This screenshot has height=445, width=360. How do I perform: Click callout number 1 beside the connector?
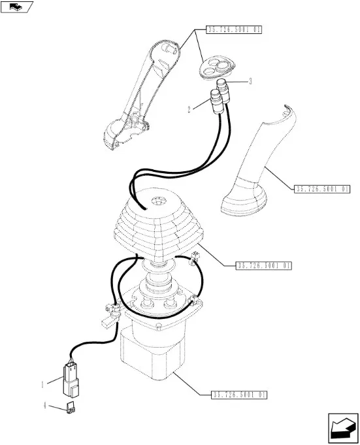click(x=43, y=384)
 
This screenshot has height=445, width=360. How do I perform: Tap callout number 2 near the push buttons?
click(x=189, y=109)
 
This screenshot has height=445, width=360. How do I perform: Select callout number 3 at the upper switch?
click(x=250, y=82)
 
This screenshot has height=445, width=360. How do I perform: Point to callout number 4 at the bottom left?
click(x=45, y=405)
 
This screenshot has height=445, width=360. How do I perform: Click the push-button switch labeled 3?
click(x=223, y=91)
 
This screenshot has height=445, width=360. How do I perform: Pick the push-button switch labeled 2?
click(x=216, y=101)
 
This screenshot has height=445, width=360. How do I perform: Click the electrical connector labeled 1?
click(x=71, y=379)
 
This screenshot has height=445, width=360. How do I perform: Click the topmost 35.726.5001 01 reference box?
click(x=234, y=29)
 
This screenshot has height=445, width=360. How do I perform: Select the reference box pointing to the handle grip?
click(x=322, y=189)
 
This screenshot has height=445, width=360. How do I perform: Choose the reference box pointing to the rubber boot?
click(x=263, y=266)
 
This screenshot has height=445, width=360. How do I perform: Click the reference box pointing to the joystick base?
click(x=239, y=395)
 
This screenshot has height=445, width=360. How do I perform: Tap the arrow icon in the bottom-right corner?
click(x=343, y=428)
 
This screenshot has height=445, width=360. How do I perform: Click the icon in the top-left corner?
click(x=17, y=7)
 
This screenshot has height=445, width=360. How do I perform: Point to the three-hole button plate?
click(x=217, y=67)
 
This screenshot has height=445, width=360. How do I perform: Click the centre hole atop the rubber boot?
click(x=158, y=201)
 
